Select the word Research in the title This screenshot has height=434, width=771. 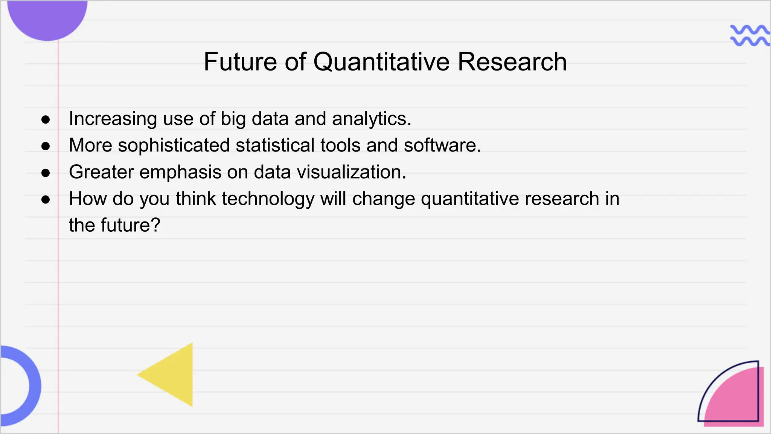point(512,62)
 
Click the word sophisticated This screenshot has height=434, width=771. point(174,146)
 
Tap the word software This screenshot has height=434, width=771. point(442,146)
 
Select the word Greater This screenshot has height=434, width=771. point(101,172)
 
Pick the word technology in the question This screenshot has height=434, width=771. point(268,199)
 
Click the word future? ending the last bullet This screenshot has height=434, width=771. point(130,225)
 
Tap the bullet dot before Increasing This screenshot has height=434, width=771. point(46,120)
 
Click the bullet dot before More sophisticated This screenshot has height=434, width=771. point(46,146)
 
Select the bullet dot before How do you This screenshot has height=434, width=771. point(46,200)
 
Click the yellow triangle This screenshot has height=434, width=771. point(173,375)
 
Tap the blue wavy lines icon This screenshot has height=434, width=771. point(749,35)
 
